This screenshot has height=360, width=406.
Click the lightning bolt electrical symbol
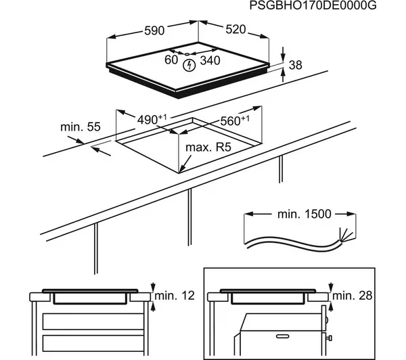pyautogui.click(x=191, y=65)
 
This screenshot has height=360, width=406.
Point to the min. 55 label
pyautogui.click(x=80, y=127)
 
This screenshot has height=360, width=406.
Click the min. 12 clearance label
pyautogui.click(x=174, y=296)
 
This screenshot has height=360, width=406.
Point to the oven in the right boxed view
pyautogui.click(x=284, y=335)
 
